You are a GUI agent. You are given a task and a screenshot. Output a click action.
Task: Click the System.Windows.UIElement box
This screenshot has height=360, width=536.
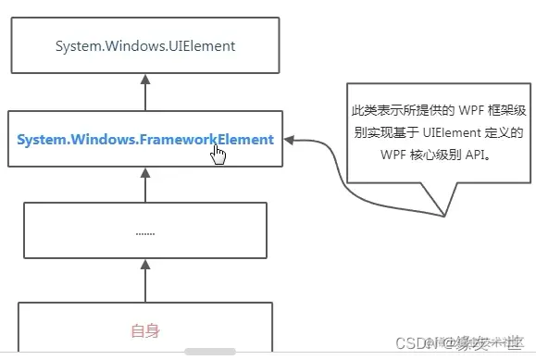pos(144,45)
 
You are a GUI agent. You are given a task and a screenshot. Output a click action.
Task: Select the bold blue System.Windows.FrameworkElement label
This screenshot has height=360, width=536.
pos(144,140)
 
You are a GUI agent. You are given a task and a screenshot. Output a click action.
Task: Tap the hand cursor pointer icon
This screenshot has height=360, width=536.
pos(218,152)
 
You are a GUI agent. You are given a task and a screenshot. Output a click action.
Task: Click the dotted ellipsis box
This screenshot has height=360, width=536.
pos(144,230)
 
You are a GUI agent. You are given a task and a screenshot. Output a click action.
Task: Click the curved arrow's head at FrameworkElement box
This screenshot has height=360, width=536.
pos(290,141)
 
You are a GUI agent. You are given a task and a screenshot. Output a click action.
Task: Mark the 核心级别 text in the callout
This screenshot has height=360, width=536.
pos(434,155)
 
